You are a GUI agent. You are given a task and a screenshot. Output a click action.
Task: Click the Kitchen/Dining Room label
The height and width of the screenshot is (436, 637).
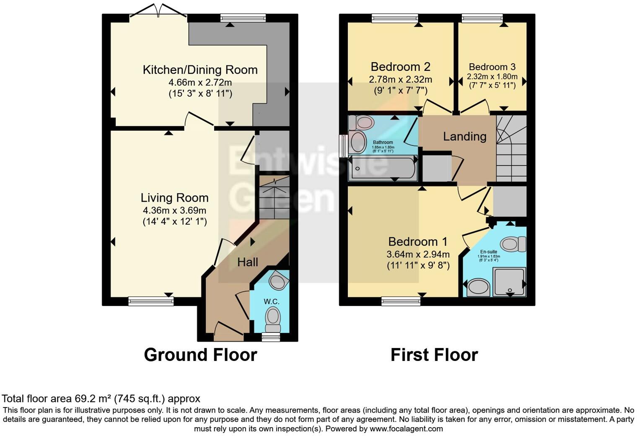coord(200,70)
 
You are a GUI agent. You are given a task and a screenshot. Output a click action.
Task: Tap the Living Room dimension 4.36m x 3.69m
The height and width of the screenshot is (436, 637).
coord(174,210)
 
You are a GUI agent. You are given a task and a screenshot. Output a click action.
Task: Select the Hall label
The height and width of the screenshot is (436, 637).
coord(247,262)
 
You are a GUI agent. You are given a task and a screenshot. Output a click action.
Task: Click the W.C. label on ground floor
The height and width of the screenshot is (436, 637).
coord(271,301)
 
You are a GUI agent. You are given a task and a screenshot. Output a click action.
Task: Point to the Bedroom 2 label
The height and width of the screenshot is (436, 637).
coord(400,67)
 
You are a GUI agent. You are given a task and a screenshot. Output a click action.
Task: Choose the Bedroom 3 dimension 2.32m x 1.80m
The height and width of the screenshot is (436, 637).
coord(492,77)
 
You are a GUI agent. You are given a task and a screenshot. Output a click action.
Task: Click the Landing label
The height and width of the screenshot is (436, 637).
coord(464,136)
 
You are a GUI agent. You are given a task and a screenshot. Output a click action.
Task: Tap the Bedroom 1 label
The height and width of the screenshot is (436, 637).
coord(417,241)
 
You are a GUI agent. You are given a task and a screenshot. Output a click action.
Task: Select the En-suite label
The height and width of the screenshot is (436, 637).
coord(489,252)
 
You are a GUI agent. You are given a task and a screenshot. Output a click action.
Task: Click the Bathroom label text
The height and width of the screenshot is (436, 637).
coord(383,143)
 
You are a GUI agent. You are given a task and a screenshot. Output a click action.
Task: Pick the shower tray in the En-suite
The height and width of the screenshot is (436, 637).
coord(509,281)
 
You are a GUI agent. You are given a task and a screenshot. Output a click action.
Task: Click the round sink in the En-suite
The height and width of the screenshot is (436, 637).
coord(478,288)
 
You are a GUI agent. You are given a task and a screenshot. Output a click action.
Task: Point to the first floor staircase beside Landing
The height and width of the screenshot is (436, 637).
coord(511,149)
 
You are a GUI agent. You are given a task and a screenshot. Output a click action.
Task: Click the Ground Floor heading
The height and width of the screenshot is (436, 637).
coord(200,355)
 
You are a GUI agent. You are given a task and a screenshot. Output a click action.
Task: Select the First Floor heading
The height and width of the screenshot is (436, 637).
coord(434,355)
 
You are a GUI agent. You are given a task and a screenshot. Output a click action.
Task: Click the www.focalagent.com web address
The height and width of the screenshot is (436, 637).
coord(406,428)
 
